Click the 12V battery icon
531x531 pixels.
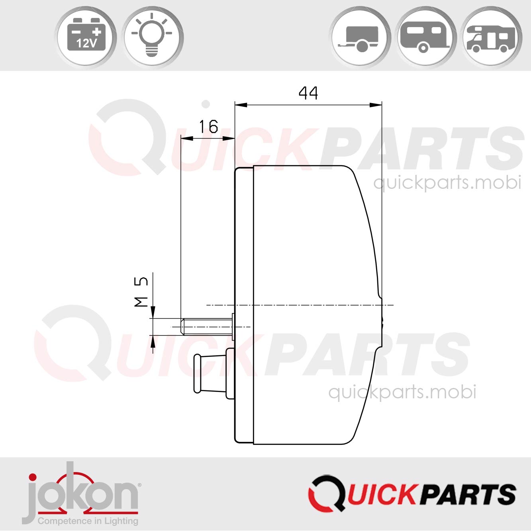(86, 37)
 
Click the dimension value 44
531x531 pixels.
(308, 93)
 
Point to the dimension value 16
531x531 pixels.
(208, 127)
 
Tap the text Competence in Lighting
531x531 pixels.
(88, 521)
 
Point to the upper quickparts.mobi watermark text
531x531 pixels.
(447, 183)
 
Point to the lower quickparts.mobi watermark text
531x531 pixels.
(402, 392)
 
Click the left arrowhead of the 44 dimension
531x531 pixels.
(241, 105)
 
